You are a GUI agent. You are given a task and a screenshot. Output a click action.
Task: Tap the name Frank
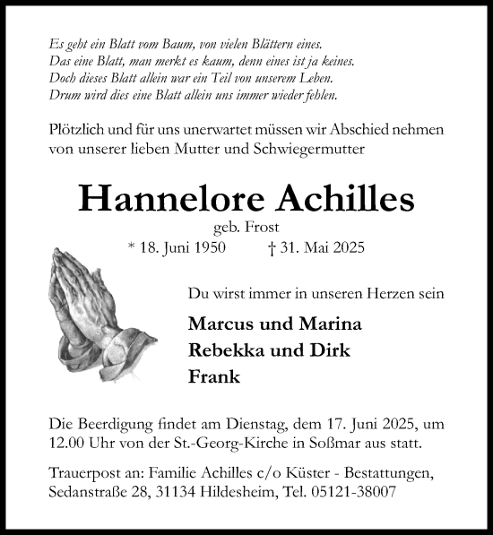point(215,376)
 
